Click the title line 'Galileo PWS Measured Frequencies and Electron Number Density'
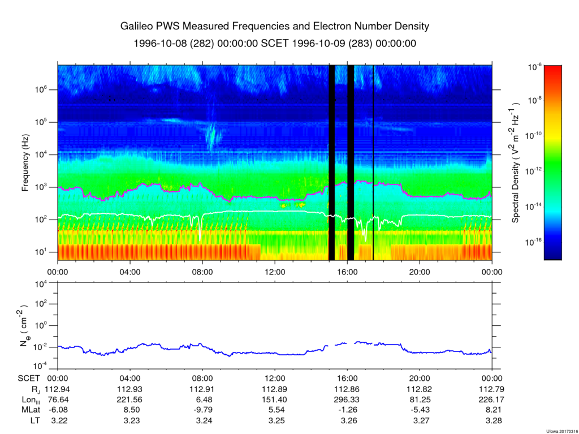tap(275, 27)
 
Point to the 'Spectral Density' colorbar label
tap(516, 163)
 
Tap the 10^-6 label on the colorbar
tap(534, 67)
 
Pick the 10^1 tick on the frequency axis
tap(47, 252)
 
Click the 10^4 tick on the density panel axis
tap(47, 283)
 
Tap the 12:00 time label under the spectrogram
tap(275, 271)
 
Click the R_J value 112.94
tap(58, 389)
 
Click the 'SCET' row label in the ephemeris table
tap(28, 379)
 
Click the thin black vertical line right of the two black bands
tap(373, 163)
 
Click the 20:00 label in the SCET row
tap(420, 379)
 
